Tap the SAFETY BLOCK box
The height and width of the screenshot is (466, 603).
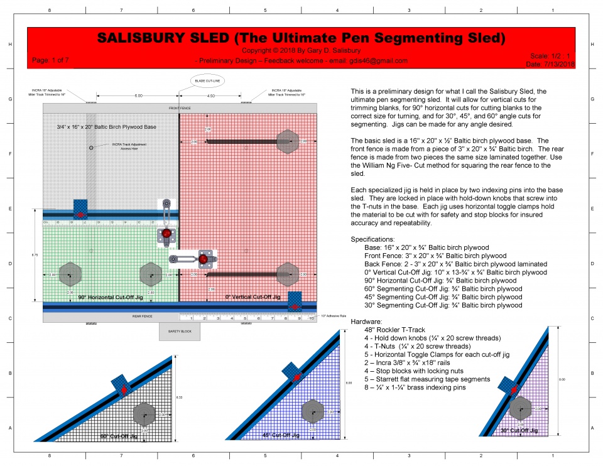179,331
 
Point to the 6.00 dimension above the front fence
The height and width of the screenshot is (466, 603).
138,96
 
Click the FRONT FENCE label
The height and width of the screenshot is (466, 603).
180,107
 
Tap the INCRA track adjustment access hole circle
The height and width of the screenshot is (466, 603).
92,147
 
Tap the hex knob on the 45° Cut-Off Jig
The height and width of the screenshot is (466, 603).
312,411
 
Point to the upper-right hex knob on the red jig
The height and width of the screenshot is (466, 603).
288,141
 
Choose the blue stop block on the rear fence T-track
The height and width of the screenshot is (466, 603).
295,301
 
